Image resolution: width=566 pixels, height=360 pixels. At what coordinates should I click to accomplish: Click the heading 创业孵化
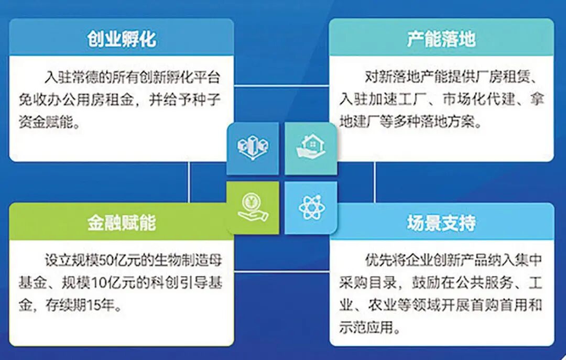pyautogui.click(x=122, y=39)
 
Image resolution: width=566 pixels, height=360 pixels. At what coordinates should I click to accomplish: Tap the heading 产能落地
pyautogui.click(x=441, y=39)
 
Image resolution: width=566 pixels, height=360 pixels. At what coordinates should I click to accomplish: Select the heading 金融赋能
pyautogui.click(x=122, y=222)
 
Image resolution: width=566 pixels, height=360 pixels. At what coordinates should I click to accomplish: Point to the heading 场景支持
pyautogui.click(x=441, y=222)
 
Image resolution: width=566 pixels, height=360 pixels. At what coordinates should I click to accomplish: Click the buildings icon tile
pyautogui.click(x=253, y=148)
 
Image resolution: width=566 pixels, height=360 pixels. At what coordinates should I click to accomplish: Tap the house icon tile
pyautogui.click(x=311, y=148)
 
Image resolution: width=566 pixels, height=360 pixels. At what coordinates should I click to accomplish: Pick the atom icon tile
pyautogui.click(x=311, y=208)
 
